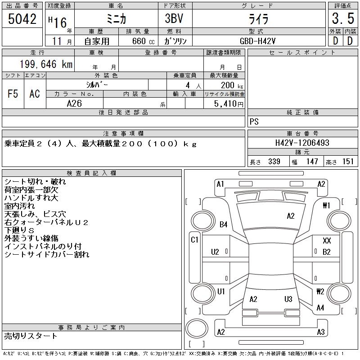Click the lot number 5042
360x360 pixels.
point(22,19)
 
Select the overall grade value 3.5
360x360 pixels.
point(343,18)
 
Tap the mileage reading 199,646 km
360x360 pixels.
point(46,64)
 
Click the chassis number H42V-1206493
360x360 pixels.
point(302,143)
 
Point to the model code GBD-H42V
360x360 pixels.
point(257,41)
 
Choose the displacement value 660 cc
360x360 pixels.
point(143,41)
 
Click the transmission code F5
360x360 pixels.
point(13,94)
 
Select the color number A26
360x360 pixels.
point(74,103)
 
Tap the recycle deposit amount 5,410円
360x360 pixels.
point(229,104)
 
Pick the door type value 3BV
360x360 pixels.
point(174,18)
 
